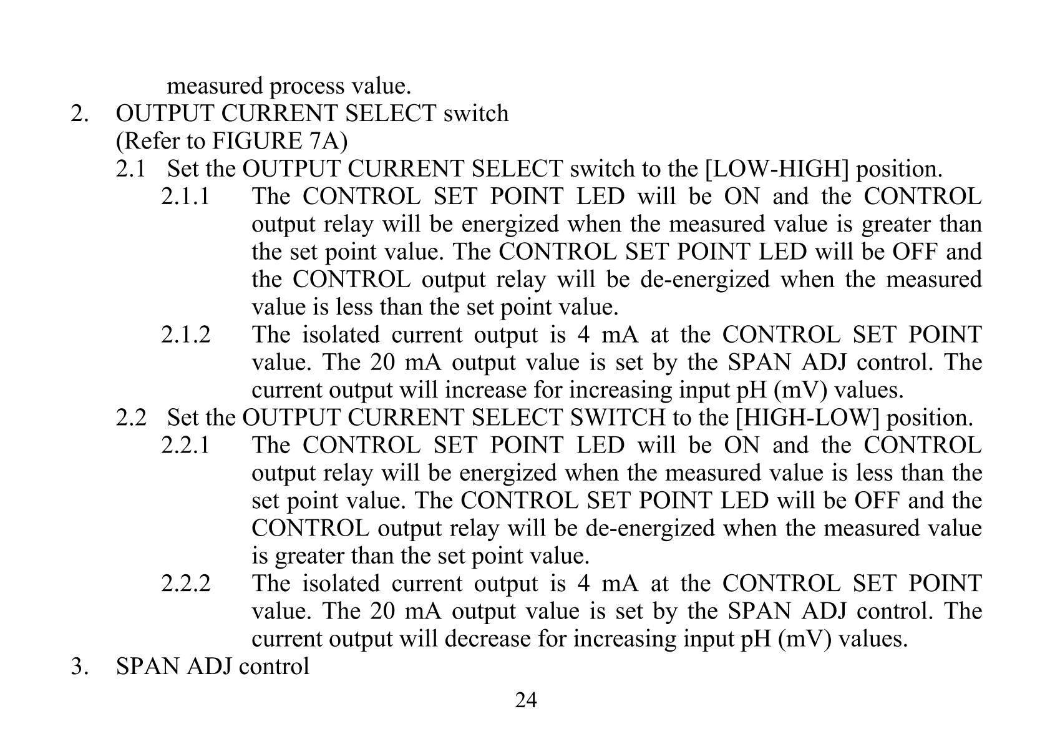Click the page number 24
[525, 701]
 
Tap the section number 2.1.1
[185, 197]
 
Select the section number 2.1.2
[186, 335]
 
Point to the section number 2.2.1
[185, 446]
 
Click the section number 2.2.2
[186, 584]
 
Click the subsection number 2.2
[130, 418]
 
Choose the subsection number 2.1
[130, 169]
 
